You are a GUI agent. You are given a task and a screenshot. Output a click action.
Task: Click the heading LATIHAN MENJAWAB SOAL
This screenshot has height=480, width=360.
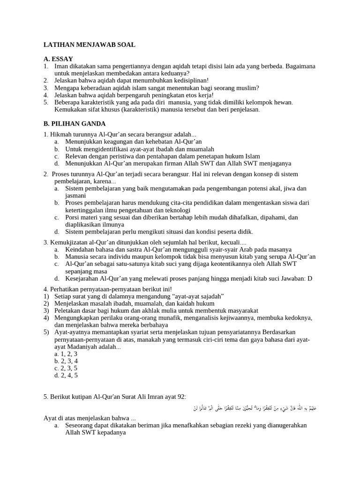89,45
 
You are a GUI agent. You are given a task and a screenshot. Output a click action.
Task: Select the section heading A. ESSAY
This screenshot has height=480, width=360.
58,59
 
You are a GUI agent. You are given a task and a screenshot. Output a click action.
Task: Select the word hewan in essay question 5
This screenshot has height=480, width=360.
283,102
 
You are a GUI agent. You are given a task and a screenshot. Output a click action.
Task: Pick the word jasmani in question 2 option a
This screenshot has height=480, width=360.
75,195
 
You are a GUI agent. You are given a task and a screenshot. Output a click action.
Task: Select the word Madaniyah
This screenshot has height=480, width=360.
94,347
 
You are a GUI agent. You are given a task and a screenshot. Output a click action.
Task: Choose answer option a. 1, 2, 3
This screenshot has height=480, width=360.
66,354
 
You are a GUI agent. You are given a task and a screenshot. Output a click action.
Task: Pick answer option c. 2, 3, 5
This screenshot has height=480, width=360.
66,368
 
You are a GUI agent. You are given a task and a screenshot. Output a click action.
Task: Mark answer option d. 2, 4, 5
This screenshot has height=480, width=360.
66,375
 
